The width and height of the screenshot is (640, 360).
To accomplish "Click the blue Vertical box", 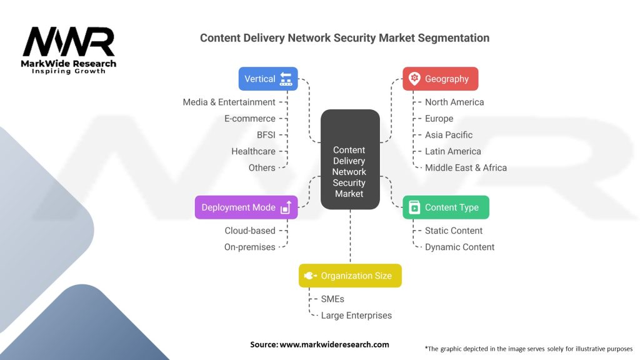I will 268,79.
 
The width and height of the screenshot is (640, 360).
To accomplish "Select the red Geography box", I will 440,79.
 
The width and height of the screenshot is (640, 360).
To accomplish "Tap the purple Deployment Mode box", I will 246,207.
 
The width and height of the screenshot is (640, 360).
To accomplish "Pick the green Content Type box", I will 445,207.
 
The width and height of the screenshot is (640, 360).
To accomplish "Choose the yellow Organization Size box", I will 350,276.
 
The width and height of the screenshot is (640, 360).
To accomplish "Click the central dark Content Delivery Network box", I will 349,159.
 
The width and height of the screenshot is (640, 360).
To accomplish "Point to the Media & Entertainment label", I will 229,102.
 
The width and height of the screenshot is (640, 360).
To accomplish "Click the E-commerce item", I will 249,119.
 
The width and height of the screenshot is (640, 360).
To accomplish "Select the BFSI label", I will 266,135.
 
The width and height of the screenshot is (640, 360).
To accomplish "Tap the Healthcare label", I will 253,151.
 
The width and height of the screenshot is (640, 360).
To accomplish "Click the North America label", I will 454,102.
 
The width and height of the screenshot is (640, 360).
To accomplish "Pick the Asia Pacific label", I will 449,135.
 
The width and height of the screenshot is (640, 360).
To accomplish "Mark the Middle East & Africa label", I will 466,167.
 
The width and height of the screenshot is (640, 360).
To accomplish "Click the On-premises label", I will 249,247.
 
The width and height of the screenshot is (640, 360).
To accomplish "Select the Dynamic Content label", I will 459,247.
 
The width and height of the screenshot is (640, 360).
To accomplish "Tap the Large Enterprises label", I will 356,316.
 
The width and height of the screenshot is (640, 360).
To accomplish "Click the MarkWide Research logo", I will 69,50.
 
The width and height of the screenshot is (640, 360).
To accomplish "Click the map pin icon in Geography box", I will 414,79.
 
